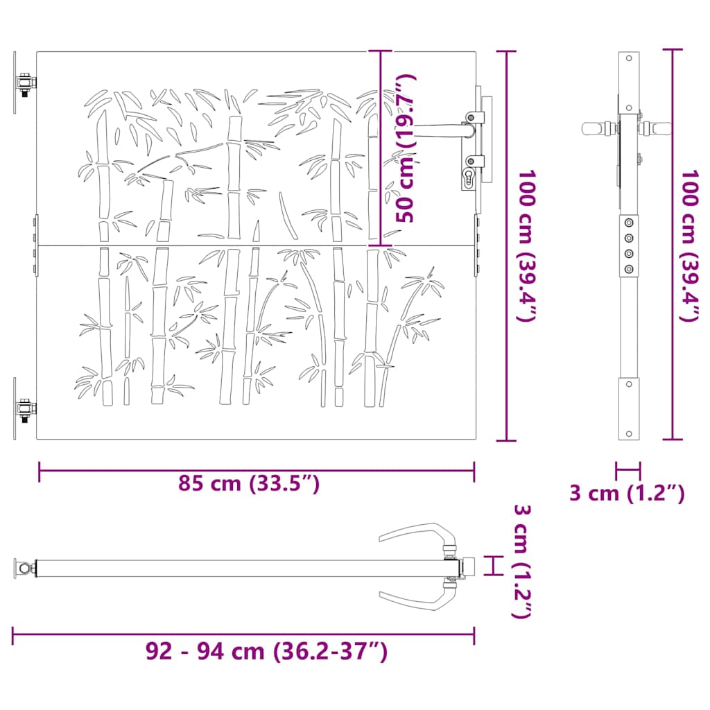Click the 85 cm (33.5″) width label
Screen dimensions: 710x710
point(249,483)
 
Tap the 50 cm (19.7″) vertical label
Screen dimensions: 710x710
point(406,148)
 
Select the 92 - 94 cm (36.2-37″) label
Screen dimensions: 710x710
point(266,652)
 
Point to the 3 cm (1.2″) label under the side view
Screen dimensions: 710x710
point(627,494)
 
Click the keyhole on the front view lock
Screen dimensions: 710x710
point(468,178)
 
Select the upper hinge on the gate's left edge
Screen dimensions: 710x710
point(25,85)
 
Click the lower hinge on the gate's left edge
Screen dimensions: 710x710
point(25,410)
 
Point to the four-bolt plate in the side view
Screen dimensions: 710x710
point(628,245)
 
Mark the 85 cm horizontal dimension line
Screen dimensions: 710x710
point(257,471)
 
